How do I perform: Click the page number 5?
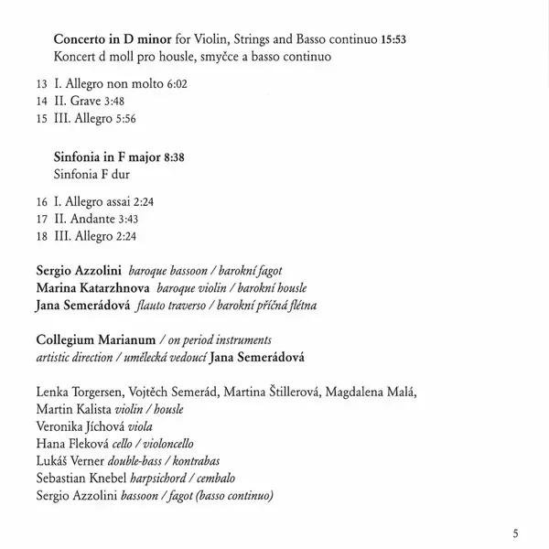click(516, 533)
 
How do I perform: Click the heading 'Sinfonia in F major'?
click(106, 157)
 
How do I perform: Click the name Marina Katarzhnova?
click(94, 288)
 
